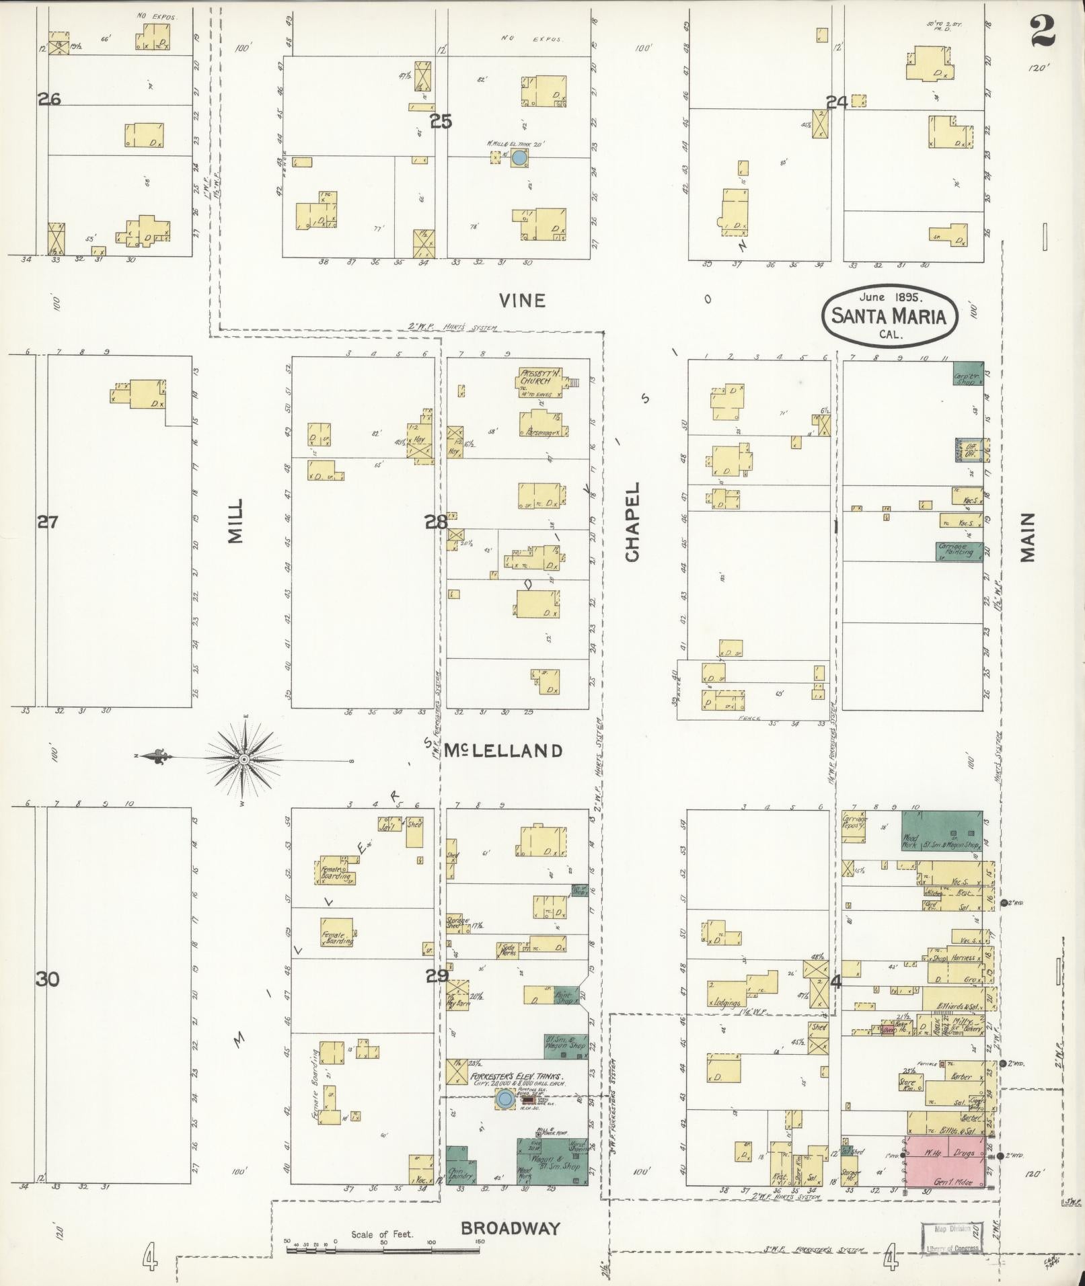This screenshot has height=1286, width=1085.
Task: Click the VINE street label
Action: [x=522, y=300]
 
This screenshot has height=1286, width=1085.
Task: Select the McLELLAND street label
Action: [x=502, y=751]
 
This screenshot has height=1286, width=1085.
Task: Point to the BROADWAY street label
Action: [x=511, y=1228]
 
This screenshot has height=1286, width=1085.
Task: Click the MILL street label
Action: [x=234, y=521]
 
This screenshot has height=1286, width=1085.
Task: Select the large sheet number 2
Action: [x=1041, y=32]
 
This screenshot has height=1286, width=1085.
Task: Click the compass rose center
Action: [x=244, y=759]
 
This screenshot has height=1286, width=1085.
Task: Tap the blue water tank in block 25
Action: [x=519, y=158]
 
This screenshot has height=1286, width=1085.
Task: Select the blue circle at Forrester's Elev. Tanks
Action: [x=504, y=1099]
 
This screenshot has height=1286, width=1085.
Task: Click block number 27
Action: [x=48, y=521]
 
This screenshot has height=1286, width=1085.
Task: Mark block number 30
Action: [x=48, y=979]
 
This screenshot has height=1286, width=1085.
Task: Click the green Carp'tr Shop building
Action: [x=967, y=373]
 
